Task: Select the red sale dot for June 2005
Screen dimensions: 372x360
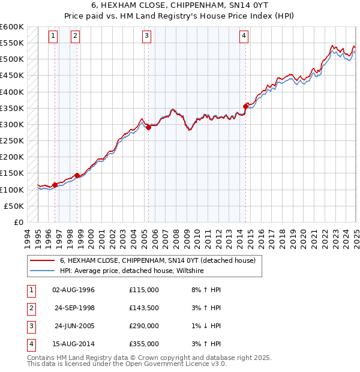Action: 148,127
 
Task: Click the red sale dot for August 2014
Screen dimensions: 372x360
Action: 245,106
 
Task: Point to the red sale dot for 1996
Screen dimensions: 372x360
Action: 55,185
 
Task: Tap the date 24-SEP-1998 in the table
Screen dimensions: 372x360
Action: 74,308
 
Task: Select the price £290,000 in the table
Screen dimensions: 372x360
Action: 144,326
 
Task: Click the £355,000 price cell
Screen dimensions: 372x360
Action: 144,344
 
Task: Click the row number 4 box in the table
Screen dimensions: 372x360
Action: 31,344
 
